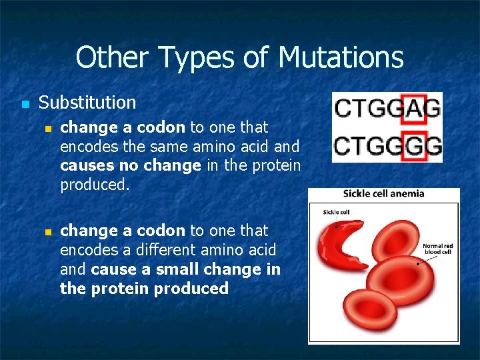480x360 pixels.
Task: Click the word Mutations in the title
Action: tap(341, 57)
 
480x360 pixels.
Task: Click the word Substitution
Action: tap(87, 103)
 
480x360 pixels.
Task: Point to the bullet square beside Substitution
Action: tap(25, 105)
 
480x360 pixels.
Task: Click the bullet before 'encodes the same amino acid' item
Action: tap(47, 129)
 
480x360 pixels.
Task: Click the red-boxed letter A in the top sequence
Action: tap(415, 108)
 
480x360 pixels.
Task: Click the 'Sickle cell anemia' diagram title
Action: tap(383, 194)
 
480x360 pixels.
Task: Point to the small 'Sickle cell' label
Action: tap(337, 212)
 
